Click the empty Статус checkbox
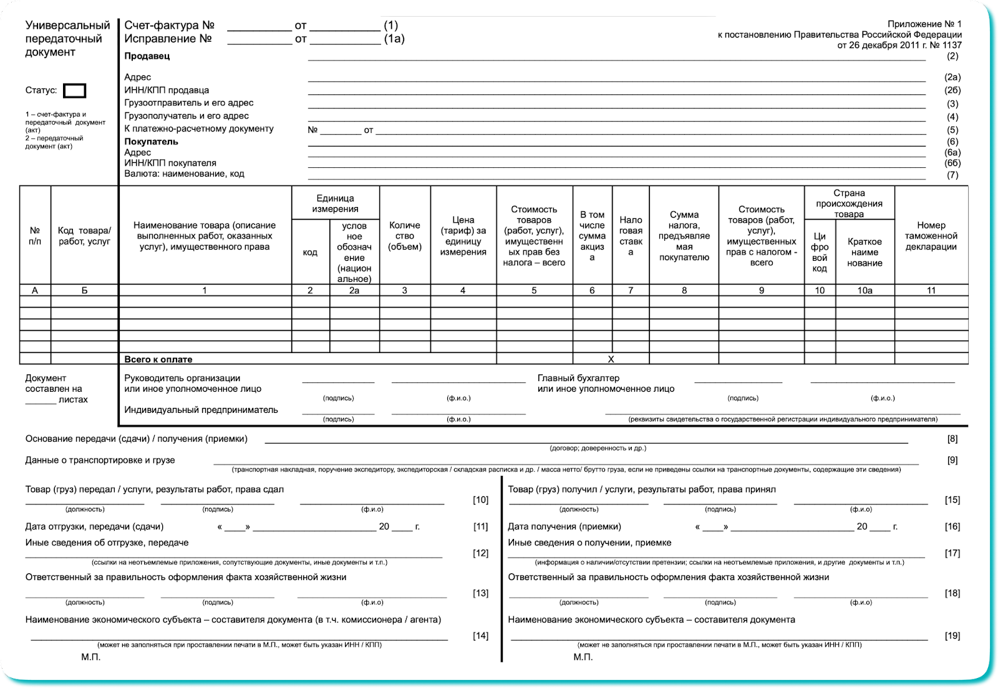pyautogui.click(x=75, y=91)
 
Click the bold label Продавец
pyautogui.click(x=147, y=56)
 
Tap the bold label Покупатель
pyautogui.click(x=151, y=142)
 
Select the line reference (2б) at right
pyautogui.click(x=952, y=90)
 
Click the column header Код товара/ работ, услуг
pyautogui.click(x=84, y=236)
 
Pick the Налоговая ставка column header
pyautogui.click(x=631, y=236)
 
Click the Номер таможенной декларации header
pyautogui.click(x=931, y=236)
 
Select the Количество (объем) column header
pyautogui.click(x=405, y=236)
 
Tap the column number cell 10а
pyautogui.click(x=865, y=290)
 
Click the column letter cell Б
pyautogui.click(x=84, y=290)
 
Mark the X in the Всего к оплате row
pyautogui.click(x=611, y=359)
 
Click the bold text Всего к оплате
pyautogui.click(x=158, y=359)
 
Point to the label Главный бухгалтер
pyautogui.click(x=578, y=378)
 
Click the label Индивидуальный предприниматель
pyautogui.click(x=201, y=410)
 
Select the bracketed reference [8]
pyautogui.click(x=952, y=439)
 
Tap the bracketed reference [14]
pyautogui.click(x=480, y=636)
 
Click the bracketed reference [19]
pyautogui.click(x=952, y=636)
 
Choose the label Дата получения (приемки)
pyautogui.click(x=564, y=526)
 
